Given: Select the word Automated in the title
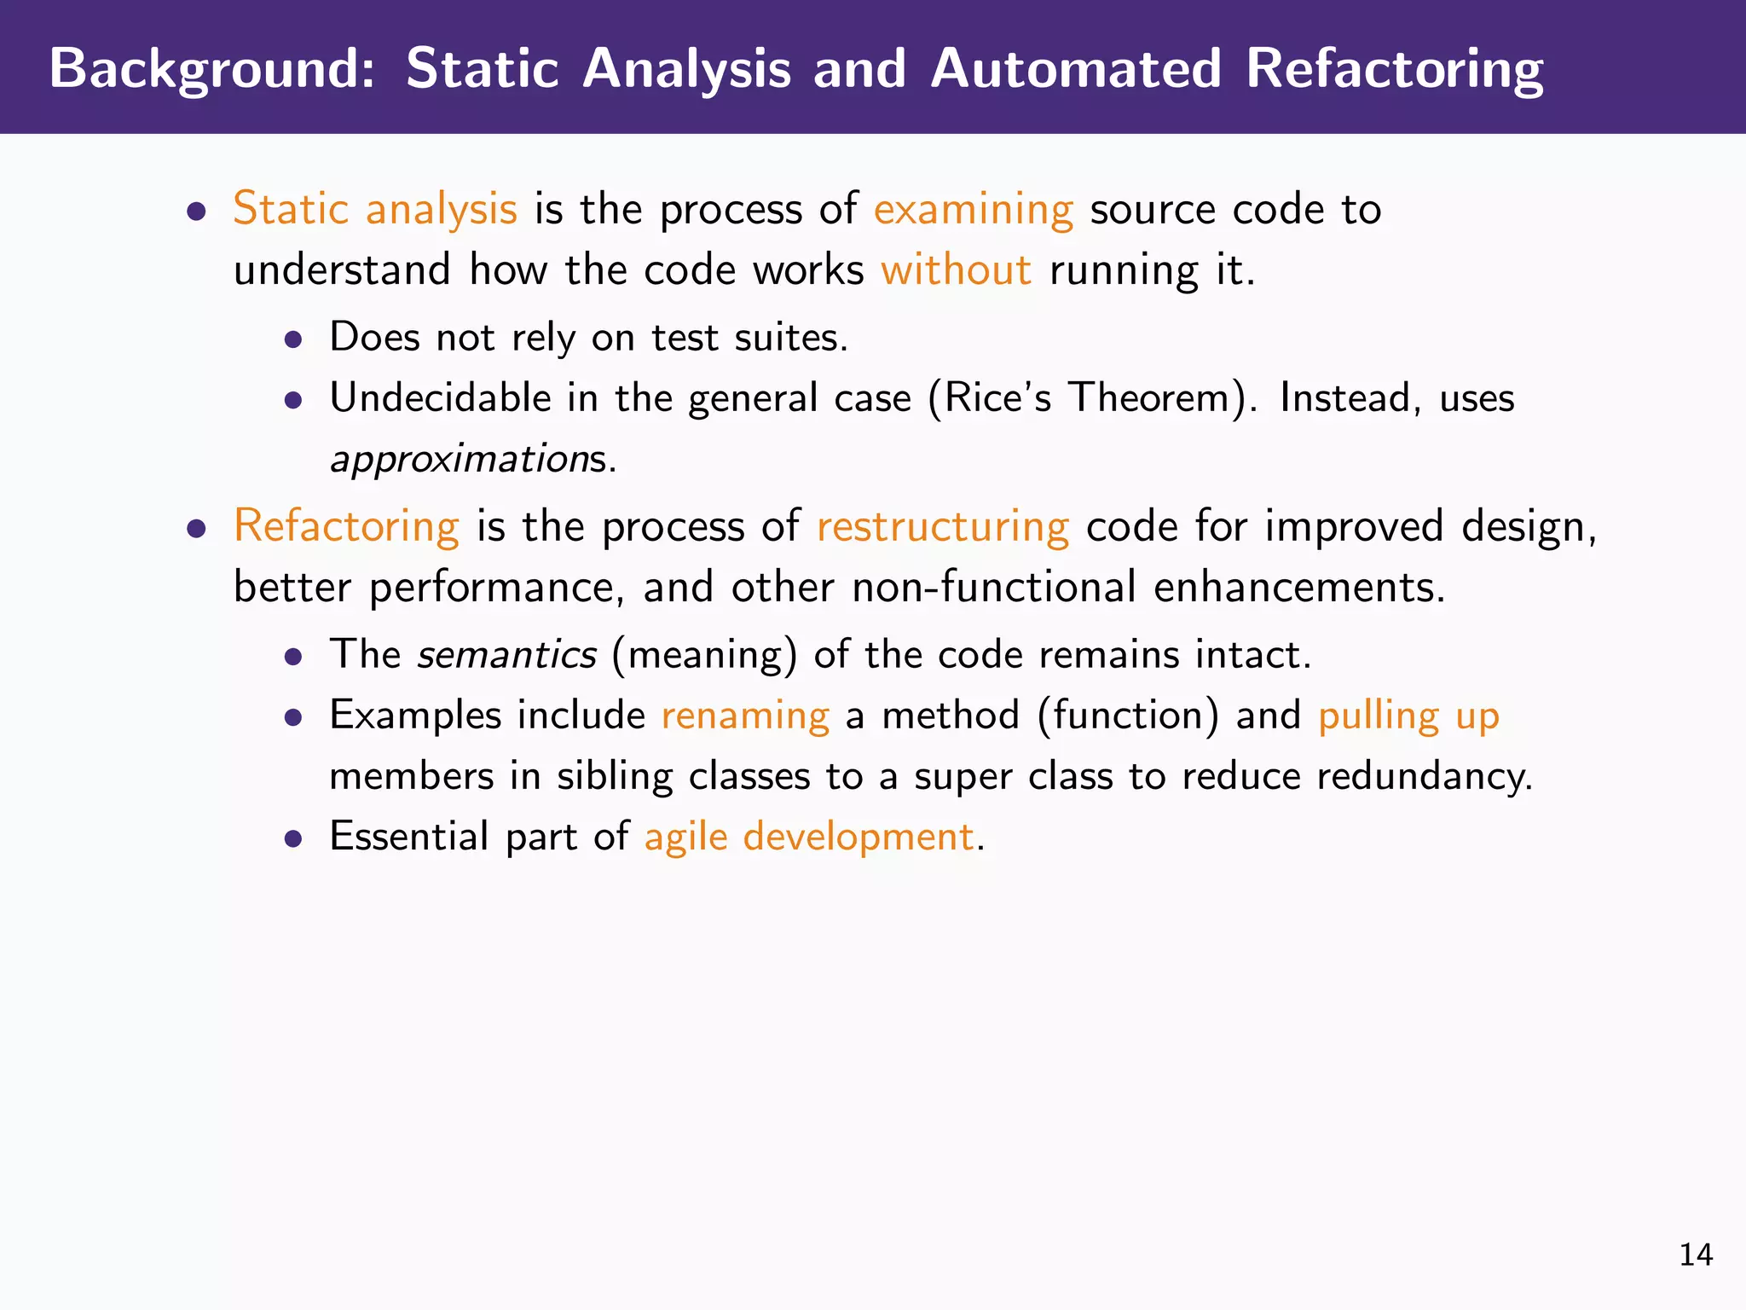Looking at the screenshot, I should coord(1076,68).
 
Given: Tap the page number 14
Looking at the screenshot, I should coord(1696,1255).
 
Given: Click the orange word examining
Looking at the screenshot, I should coord(973,209).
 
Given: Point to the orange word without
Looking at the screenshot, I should coord(956,270).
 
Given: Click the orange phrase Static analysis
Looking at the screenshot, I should coord(375,209).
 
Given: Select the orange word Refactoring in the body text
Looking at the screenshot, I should coord(346,525).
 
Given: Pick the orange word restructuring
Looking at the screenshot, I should coord(942,525).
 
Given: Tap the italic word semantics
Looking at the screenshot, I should coord(506,654).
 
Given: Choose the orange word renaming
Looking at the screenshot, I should coord(745,715).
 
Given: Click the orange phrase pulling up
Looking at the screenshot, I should coord(1408,715).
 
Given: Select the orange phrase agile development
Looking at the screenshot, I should coord(808,836).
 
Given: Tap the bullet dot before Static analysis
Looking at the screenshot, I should coord(197,212).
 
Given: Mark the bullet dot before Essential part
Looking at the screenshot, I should coord(293,838).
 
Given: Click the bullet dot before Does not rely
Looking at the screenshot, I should coord(293,340).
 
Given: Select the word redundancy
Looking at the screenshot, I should coord(1424,775).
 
